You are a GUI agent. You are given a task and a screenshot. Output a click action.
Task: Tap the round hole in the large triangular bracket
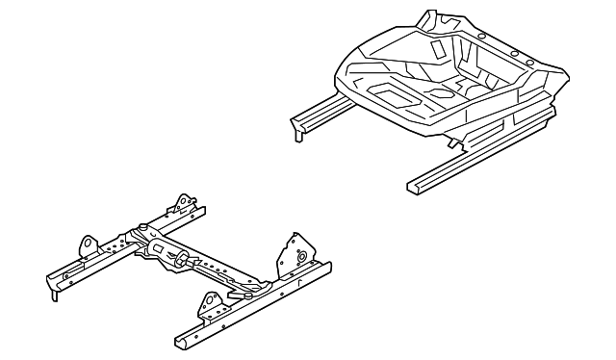click(301, 257)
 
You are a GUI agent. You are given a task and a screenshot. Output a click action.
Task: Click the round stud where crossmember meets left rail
click(141, 227)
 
